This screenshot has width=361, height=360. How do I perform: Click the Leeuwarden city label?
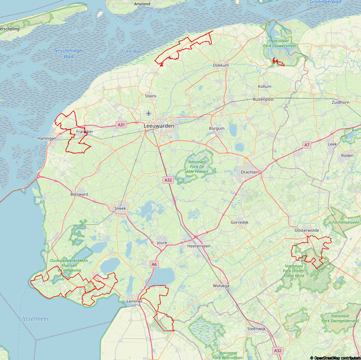pyautogui.click(x=159, y=126)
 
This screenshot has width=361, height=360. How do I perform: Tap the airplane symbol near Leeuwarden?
pyautogui.click(x=148, y=113)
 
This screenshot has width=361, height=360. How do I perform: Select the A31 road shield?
pyautogui.click(x=121, y=125)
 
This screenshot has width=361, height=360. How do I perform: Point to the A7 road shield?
pyautogui.click(x=307, y=145)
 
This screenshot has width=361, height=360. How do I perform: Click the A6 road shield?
pyautogui.click(x=154, y=264)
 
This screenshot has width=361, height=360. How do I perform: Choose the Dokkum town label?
pyautogui.click(x=221, y=65)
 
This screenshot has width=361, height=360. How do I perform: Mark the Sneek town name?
pyautogui.click(x=120, y=208)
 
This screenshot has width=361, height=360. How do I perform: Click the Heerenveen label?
pyautogui.click(x=199, y=246)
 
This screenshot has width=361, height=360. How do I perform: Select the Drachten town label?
pyautogui.click(x=249, y=172)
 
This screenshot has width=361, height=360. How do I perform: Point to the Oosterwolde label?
pyautogui.click(x=306, y=230)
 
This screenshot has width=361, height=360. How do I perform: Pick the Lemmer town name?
pyautogui.click(x=134, y=301)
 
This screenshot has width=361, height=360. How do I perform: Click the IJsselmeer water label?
pyautogui.click(x=35, y=319)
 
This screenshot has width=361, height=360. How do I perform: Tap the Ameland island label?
pyautogui.click(x=142, y=4)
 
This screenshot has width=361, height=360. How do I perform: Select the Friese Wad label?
pyautogui.click(x=131, y=51)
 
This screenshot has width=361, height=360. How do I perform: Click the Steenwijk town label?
pyautogui.click(x=256, y=328)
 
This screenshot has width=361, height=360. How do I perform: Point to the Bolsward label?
pyautogui.click(x=79, y=194)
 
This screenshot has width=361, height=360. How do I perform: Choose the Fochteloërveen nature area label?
pyautogui.click(x=346, y=222)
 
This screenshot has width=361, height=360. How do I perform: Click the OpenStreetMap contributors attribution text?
pyautogui.click(x=335, y=358)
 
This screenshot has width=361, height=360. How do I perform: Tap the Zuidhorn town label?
pyautogui.click(x=340, y=102)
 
